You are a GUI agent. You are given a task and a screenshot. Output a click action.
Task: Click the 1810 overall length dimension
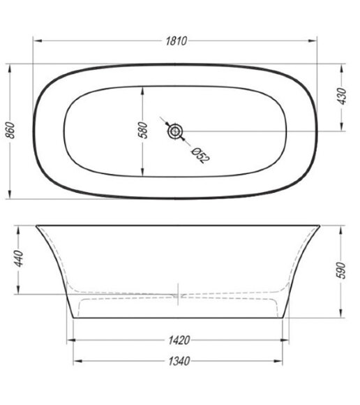pyautogui.click(x=177, y=41)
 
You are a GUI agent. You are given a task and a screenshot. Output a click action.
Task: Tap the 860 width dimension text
pyautogui.click(x=11, y=130)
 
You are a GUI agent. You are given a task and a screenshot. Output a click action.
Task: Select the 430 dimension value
pyautogui.click(x=343, y=96)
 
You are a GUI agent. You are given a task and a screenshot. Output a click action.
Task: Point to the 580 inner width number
pyautogui.click(x=143, y=131)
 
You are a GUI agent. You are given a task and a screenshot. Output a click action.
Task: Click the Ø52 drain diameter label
pyautogui.click(x=200, y=156)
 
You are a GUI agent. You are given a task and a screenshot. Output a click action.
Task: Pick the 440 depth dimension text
pyautogui.click(x=19, y=258)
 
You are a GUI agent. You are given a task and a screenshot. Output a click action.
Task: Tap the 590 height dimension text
pyautogui.click(x=341, y=270)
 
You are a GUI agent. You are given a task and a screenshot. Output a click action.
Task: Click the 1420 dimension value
pyautogui.click(x=179, y=340)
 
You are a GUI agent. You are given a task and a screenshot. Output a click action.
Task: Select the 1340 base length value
pyautogui.click(x=179, y=361)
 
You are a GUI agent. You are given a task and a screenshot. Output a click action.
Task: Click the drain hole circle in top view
pyautogui.click(x=175, y=131)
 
